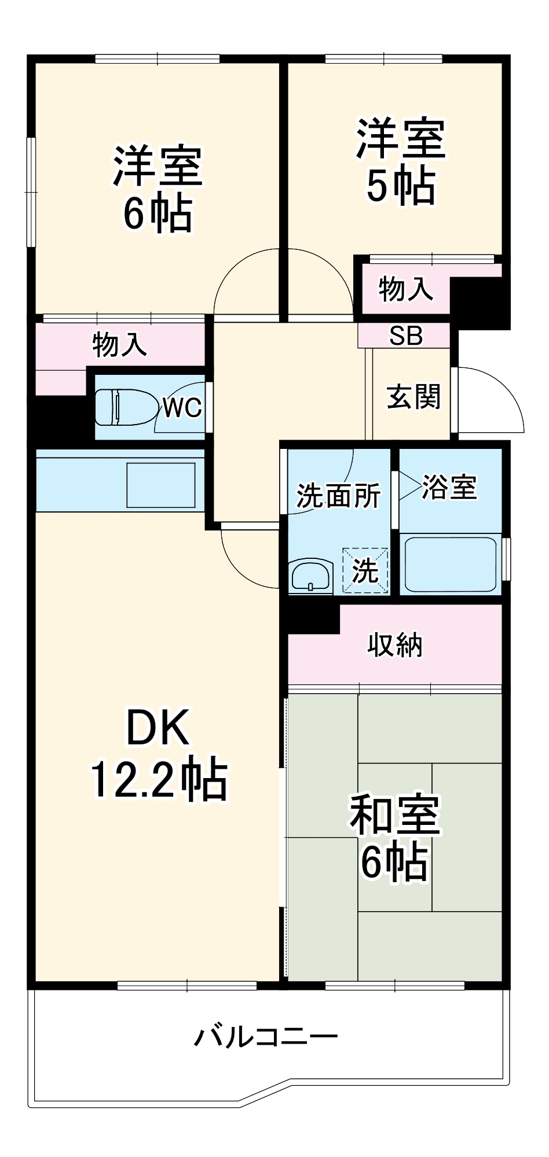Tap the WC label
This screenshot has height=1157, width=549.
click(x=182, y=408)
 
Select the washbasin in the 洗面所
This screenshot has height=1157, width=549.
click(x=310, y=576)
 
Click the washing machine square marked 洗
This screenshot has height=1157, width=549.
click(x=365, y=571)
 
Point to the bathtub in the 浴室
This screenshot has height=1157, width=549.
click(x=451, y=564)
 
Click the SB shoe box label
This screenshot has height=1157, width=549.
click(x=405, y=336)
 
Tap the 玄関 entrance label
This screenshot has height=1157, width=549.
click(x=413, y=397)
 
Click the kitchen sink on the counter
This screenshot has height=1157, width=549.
click(x=160, y=485)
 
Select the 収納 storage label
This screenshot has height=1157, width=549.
click(x=395, y=644)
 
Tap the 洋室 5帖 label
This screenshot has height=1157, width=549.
click(x=401, y=163)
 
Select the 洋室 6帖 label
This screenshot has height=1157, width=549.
click(x=158, y=190)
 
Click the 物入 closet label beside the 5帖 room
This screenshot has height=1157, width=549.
click(x=405, y=289)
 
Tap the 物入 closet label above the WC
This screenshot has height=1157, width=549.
click(x=119, y=345)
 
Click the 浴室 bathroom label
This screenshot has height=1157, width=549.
click(x=449, y=487)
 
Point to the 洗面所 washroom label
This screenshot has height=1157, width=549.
click(x=338, y=496)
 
